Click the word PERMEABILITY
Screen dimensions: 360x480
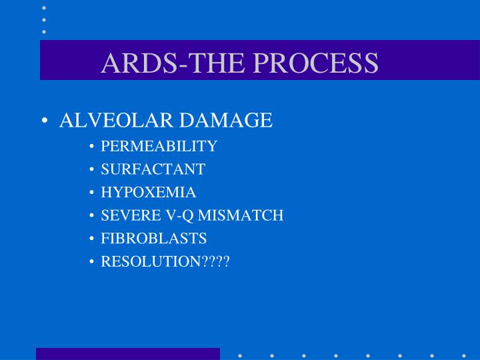(x=159, y=146)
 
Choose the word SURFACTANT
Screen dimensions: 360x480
(x=153, y=169)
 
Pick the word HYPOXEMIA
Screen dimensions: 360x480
(x=148, y=193)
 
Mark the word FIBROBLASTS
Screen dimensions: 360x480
(x=153, y=239)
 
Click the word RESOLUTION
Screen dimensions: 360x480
(x=151, y=262)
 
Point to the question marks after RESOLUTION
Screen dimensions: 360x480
(x=215, y=262)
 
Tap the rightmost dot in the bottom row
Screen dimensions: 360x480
(x=464, y=355)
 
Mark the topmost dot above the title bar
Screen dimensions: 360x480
(x=44, y=8)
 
